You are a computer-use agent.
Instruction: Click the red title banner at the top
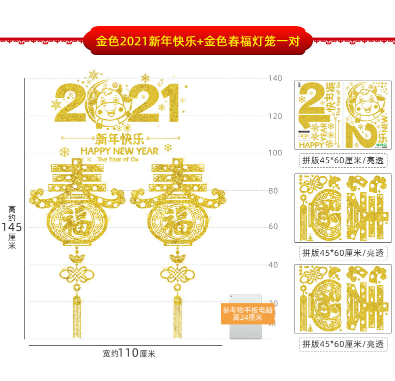click(197, 40)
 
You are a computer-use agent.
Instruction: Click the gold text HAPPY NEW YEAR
click(119, 150)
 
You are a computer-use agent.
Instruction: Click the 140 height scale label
click(275, 78)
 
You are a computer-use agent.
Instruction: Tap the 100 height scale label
click(275, 153)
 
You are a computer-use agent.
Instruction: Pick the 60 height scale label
click(273, 227)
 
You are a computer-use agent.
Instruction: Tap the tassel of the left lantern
click(76, 315)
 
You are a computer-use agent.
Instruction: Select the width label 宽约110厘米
click(129, 353)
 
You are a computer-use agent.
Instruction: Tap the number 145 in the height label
click(11, 227)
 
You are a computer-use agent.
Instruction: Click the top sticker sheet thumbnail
click(342, 114)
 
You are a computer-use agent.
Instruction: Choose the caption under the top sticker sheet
click(342, 161)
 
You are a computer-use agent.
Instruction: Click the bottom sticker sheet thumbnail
click(342, 299)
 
